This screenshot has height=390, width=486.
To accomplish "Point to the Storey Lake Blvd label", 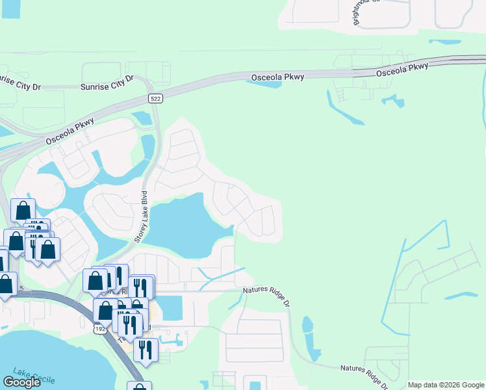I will coord(142,217).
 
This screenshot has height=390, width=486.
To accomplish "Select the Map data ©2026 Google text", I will coord(446,385).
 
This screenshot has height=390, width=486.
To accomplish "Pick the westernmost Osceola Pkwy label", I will coord(70,131).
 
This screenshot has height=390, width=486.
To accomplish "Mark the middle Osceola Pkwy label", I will coord(277,77).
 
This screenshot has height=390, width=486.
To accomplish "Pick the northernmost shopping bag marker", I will coord(23,211).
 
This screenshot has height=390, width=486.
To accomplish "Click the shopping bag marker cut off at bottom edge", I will coord(138,387).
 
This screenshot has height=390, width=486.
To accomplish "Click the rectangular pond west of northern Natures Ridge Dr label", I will coord(170,307).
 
